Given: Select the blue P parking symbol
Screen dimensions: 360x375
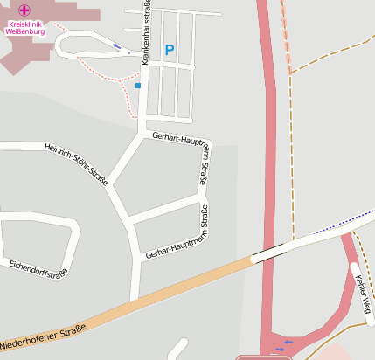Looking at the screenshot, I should tap(169, 52).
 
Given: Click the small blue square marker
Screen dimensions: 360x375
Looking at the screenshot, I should tap(138, 86).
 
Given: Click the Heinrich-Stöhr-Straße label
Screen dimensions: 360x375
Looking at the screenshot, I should tap(76, 163).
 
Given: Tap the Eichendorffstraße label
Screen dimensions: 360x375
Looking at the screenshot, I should tap(37, 268).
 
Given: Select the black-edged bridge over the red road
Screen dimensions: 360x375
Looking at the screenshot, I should tap(273, 252).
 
